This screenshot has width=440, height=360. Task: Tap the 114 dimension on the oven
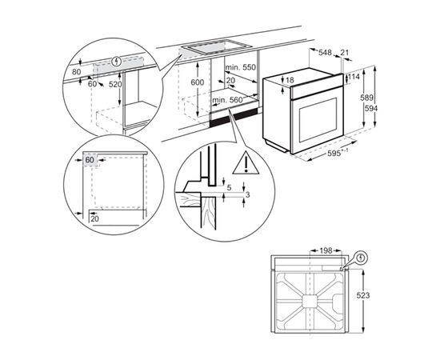[x=353, y=78]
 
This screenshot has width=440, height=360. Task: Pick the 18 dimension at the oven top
[x=290, y=81]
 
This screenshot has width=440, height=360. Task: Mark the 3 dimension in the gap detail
[x=248, y=195]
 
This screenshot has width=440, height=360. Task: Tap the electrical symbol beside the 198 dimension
[x=361, y=258]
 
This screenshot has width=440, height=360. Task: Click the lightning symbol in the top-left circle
[x=119, y=61]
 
